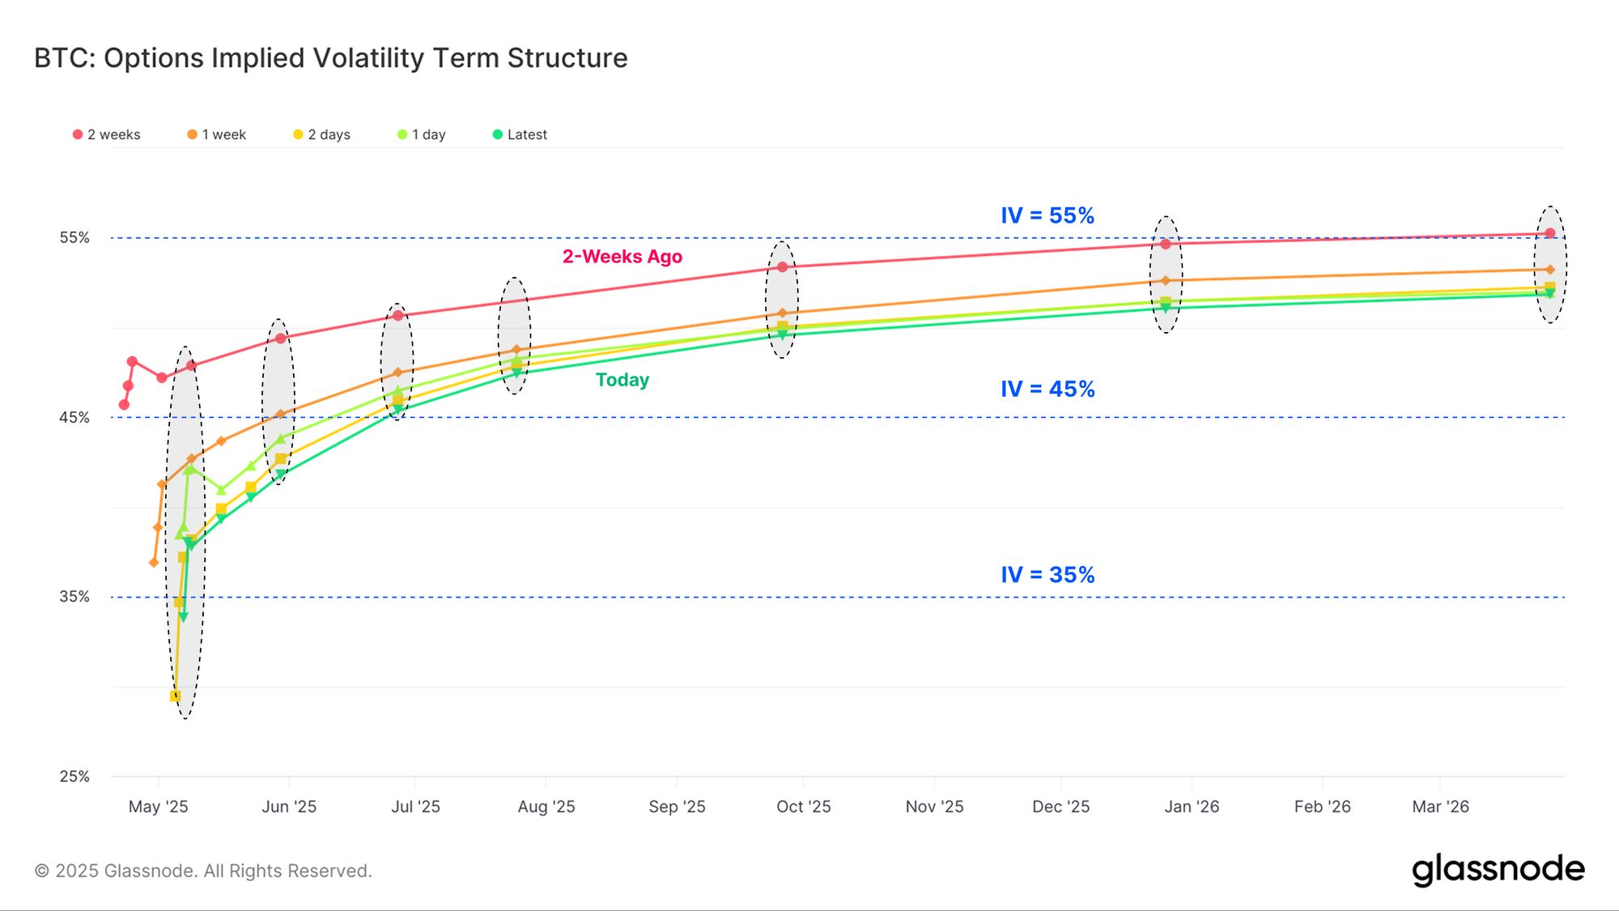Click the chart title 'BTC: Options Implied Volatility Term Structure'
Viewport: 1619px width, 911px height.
(x=330, y=58)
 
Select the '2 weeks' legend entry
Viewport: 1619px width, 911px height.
(x=107, y=134)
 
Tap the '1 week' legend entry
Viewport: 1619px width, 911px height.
(x=217, y=134)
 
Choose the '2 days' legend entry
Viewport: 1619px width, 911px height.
(x=322, y=134)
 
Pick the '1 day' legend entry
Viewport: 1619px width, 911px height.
(x=422, y=134)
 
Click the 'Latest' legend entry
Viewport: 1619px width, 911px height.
(x=521, y=134)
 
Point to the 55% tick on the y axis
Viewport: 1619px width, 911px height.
(x=74, y=237)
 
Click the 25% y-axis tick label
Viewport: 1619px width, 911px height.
(x=74, y=776)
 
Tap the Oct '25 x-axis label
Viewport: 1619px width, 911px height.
(x=803, y=807)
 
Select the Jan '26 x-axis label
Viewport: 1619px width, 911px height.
(x=1191, y=807)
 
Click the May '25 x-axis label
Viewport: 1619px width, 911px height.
(x=158, y=807)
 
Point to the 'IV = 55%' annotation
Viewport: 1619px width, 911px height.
(x=1047, y=215)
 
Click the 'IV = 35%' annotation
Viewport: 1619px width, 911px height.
(x=1047, y=575)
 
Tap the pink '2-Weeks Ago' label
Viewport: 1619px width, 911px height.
(x=622, y=257)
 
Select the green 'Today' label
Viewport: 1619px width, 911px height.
(x=622, y=380)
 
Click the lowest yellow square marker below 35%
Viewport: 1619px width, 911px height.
(x=175, y=696)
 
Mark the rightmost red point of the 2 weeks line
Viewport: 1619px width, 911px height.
(x=1549, y=233)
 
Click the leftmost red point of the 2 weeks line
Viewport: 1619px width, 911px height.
(x=124, y=405)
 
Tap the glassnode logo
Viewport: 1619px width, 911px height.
(x=1498, y=870)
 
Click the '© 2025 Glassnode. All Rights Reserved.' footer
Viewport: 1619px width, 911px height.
(x=203, y=871)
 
